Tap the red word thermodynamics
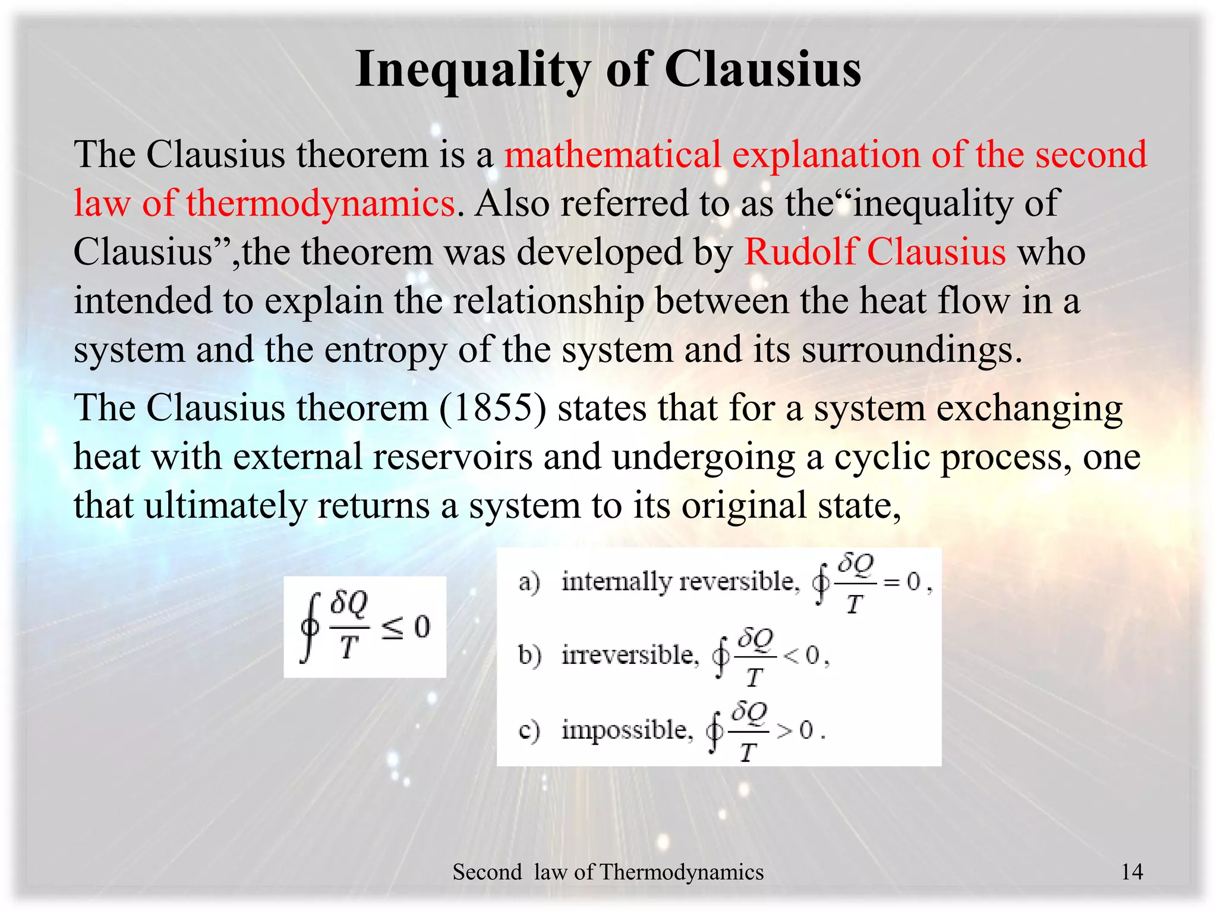[x=320, y=203]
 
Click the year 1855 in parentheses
[x=493, y=409]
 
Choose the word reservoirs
[x=453, y=458]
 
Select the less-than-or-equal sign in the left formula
[x=392, y=629]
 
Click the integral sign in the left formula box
[x=310, y=627]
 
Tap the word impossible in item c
[x=628, y=730]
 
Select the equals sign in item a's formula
[x=892, y=583]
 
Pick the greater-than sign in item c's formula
[x=784, y=731]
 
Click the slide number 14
[x=1131, y=872]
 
